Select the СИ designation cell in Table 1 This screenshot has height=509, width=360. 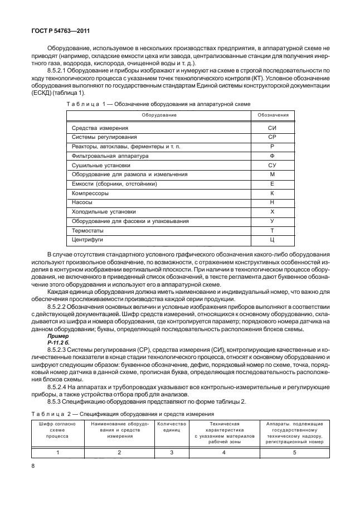273,128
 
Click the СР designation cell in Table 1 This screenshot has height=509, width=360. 273,137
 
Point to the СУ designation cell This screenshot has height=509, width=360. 273,165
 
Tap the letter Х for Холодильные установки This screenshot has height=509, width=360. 273,212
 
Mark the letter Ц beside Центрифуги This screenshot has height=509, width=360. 273,240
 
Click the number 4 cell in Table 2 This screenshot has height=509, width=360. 223,452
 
